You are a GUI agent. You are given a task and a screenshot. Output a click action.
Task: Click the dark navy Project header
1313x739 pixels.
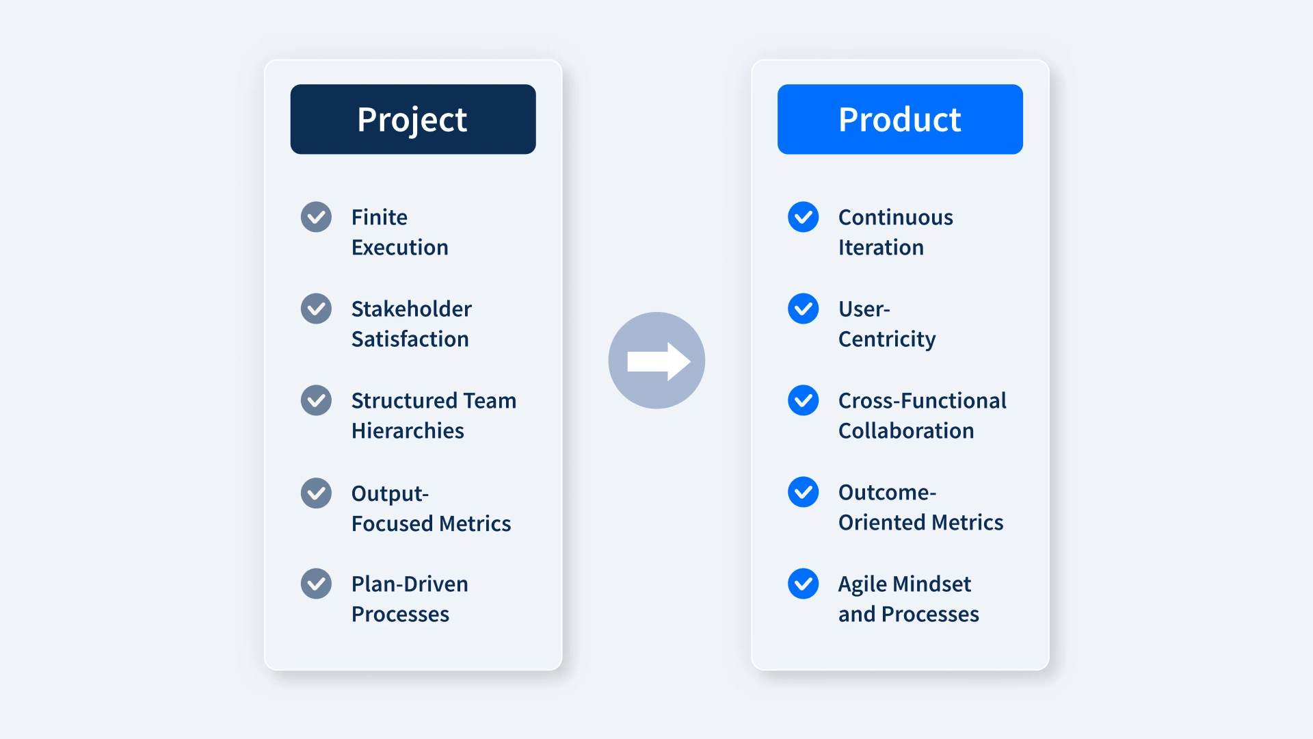point(413,119)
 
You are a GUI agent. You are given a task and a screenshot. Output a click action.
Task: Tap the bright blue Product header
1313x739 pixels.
point(900,119)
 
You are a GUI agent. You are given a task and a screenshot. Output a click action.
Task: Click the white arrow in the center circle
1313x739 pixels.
point(659,361)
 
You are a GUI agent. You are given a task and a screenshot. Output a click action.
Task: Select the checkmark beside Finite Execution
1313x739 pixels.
point(316,217)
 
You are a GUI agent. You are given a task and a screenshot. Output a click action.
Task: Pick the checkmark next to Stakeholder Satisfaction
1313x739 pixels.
point(316,309)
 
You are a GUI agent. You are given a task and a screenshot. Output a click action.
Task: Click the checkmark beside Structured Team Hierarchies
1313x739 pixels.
point(316,400)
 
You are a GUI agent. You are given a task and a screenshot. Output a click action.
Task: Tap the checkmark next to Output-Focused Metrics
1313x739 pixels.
point(316,493)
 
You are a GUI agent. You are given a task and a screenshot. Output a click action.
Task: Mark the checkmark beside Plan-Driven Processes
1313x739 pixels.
point(316,584)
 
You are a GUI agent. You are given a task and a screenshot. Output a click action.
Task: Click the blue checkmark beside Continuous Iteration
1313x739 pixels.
point(803,217)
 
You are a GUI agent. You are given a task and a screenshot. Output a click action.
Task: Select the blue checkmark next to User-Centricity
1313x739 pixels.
point(803,309)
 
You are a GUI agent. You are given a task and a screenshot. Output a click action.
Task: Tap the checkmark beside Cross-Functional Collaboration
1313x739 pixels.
point(803,400)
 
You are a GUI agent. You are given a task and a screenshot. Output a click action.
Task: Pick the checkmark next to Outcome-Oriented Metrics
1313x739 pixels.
point(803,492)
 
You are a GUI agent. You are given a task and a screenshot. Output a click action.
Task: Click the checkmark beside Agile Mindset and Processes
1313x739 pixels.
point(803,584)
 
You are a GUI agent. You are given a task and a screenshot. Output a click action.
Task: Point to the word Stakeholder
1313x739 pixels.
point(412,309)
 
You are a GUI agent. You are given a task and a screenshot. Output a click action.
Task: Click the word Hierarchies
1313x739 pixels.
point(408,430)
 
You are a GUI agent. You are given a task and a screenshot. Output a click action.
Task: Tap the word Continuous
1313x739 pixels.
point(896,217)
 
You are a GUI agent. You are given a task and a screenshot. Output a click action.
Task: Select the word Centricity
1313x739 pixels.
point(887,339)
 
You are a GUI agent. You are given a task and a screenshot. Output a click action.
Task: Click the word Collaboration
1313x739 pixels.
point(906,430)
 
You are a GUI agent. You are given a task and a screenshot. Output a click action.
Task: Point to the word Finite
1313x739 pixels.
point(380,217)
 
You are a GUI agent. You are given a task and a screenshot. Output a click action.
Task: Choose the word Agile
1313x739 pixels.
point(862,584)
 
